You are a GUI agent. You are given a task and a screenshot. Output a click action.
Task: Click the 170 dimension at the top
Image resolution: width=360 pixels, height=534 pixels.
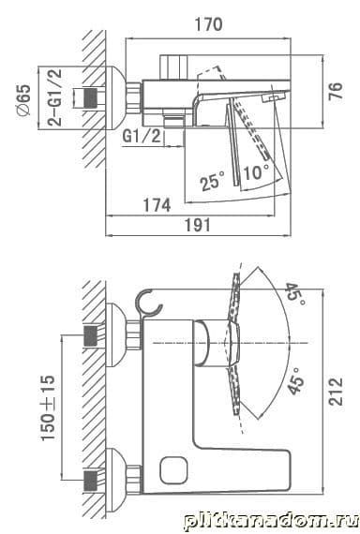208,24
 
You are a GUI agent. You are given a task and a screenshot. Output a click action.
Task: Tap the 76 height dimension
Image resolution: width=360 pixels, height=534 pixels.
336,91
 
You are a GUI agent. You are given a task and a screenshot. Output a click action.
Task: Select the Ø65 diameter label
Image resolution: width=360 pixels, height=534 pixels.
24,100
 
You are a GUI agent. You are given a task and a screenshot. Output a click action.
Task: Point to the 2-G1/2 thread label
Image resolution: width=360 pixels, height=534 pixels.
54,97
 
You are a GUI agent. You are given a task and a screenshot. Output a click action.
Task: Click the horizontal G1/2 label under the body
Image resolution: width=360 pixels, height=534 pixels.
142,136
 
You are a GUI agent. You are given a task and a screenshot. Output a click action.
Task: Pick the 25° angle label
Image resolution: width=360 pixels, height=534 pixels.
212,181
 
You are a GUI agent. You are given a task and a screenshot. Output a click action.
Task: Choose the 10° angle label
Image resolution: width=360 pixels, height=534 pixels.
256,171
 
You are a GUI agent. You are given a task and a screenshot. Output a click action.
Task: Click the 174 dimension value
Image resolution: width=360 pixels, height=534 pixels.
157,205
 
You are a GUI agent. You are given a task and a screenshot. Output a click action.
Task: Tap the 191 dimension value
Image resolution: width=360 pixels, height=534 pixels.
198,225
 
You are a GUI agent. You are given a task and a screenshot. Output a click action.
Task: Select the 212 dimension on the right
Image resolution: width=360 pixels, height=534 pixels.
336,391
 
